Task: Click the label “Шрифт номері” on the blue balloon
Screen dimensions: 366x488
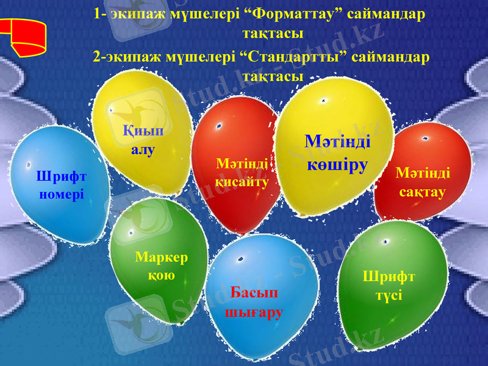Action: (61, 185)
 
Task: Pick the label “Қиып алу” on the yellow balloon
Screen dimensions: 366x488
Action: (143, 140)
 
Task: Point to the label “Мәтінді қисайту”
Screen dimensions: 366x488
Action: (242, 173)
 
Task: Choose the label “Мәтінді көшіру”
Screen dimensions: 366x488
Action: (337, 153)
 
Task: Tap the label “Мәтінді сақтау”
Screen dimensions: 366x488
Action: (423, 182)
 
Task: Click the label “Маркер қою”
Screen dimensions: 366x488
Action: (162, 266)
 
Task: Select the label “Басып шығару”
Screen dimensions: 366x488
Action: (254, 303)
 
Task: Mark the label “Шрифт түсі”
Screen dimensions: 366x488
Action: (389, 285)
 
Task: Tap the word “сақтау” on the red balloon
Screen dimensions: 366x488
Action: (423, 192)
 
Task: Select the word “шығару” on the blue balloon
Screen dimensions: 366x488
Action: (254, 313)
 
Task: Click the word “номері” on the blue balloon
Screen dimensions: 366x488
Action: (61, 195)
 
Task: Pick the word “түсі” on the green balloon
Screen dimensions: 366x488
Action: (389, 295)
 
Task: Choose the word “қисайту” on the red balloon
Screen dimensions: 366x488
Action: (242, 182)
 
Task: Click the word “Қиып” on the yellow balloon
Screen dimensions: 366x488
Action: (143, 130)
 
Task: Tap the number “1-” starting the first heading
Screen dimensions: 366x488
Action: (101, 13)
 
